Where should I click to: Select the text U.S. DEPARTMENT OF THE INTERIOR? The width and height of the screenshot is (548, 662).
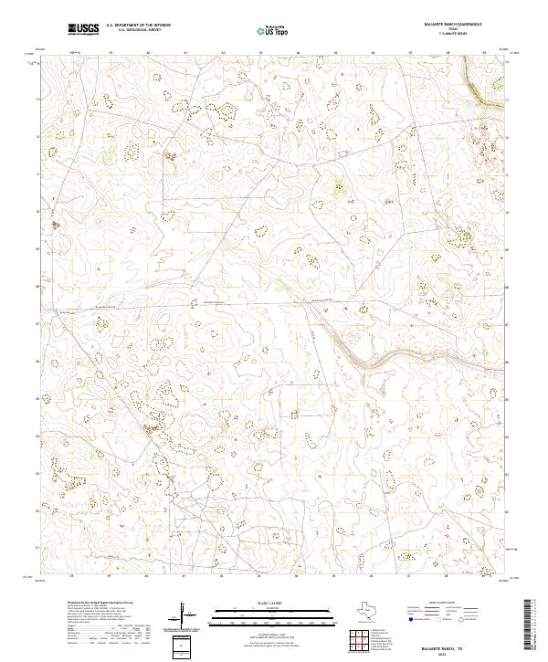point(138,26)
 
